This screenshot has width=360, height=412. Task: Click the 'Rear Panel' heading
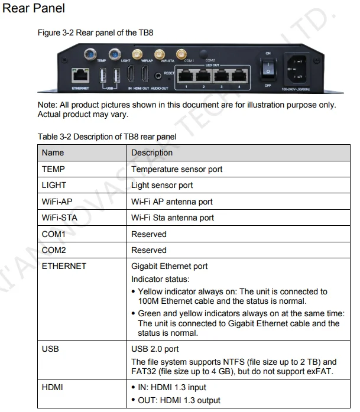(x=34, y=9)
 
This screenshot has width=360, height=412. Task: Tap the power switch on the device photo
(x=268, y=70)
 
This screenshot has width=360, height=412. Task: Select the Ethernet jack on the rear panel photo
(x=80, y=75)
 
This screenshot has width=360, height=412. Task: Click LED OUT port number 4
(x=238, y=75)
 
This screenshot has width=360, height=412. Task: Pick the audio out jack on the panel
(x=157, y=75)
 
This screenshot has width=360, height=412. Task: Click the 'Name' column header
(x=53, y=153)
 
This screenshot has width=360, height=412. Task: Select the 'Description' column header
(x=152, y=153)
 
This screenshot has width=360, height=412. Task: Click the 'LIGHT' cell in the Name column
(x=54, y=185)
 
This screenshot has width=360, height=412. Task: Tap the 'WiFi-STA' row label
(x=59, y=218)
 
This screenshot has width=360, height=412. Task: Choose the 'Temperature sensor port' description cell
(x=177, y=169)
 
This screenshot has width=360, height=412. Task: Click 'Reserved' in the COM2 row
(x=149, y=250)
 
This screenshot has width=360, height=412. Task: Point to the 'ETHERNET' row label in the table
(x=64, y=266)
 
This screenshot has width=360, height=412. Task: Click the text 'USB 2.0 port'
(x=155, y=349)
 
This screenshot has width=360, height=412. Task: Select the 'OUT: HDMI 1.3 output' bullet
(x=179, y=400)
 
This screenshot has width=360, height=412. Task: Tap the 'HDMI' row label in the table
(x=53, y=387)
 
